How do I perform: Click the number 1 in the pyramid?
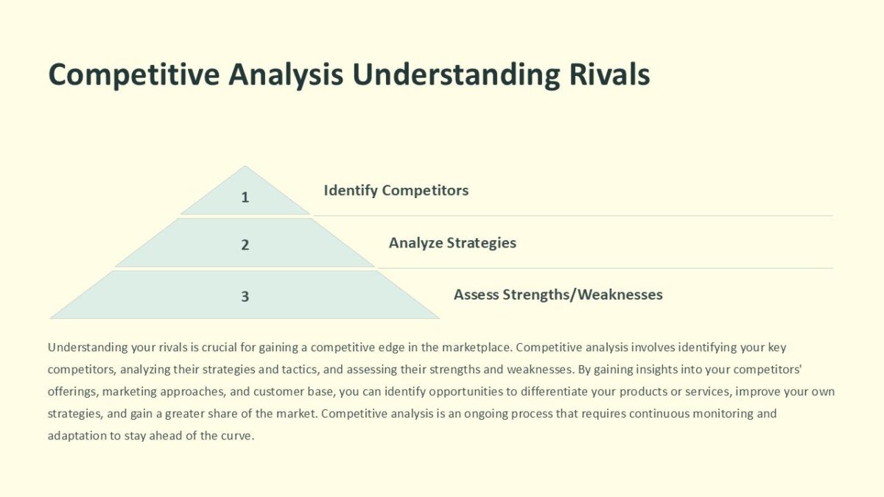point(245,197)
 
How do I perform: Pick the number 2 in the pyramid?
point(245,244)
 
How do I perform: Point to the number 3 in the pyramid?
point(245,297)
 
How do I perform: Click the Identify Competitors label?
point(396,191)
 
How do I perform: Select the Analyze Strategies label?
point(452,243)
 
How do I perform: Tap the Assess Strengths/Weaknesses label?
point(558,295)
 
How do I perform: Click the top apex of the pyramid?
point(245,168)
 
